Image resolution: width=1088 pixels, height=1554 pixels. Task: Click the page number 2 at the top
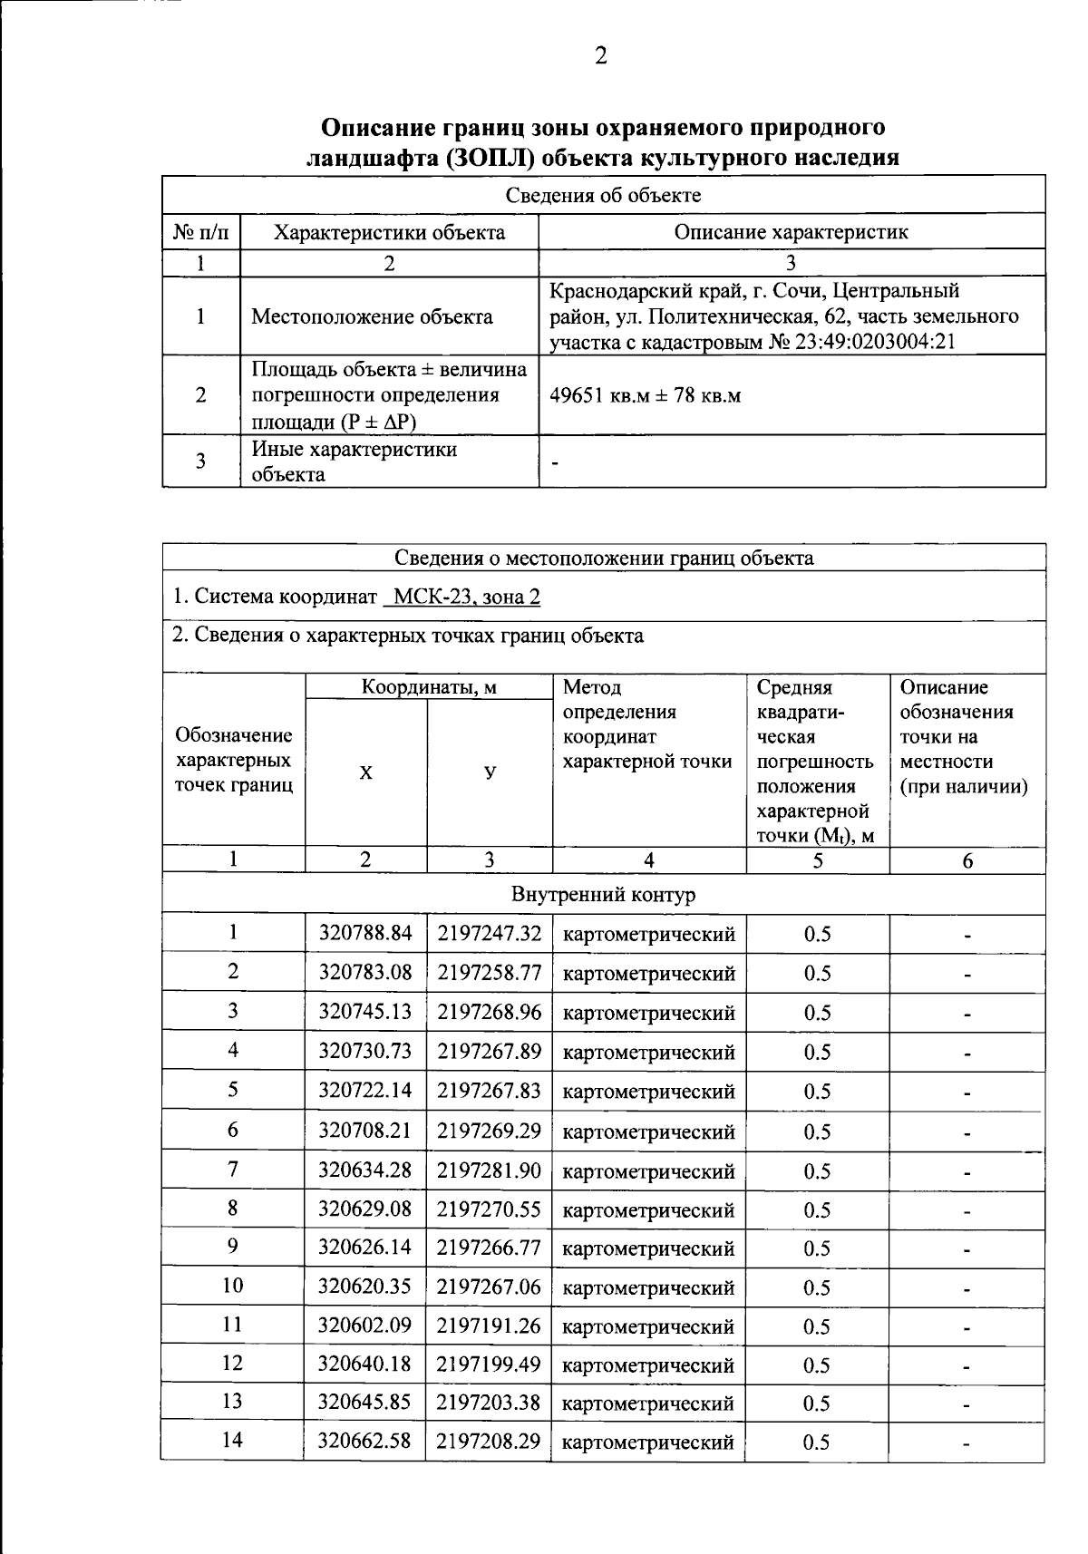600,56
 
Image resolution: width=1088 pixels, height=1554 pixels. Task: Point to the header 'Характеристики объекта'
389,233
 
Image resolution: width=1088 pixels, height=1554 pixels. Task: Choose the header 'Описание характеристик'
791,232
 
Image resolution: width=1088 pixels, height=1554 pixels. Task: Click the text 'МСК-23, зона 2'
462,597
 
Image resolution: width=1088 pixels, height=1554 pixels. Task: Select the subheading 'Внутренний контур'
603,895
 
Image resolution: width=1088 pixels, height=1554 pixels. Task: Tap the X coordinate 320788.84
365,934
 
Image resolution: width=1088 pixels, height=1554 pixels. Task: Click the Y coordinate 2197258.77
490,973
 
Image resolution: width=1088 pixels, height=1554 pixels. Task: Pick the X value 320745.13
365,1012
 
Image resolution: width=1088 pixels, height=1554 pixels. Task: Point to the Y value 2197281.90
490,1170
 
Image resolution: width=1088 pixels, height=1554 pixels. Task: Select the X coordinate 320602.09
365,1326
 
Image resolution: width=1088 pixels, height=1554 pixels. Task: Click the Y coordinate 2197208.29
490,1441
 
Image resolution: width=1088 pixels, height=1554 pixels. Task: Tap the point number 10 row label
233,1286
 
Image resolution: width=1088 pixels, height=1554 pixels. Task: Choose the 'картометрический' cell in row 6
649,1132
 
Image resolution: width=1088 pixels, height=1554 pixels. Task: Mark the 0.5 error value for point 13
817,1403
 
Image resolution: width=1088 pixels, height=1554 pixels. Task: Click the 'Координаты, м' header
429,687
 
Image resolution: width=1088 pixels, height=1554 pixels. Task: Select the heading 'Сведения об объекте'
603,195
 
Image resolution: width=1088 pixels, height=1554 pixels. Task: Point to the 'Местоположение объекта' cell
372,316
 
